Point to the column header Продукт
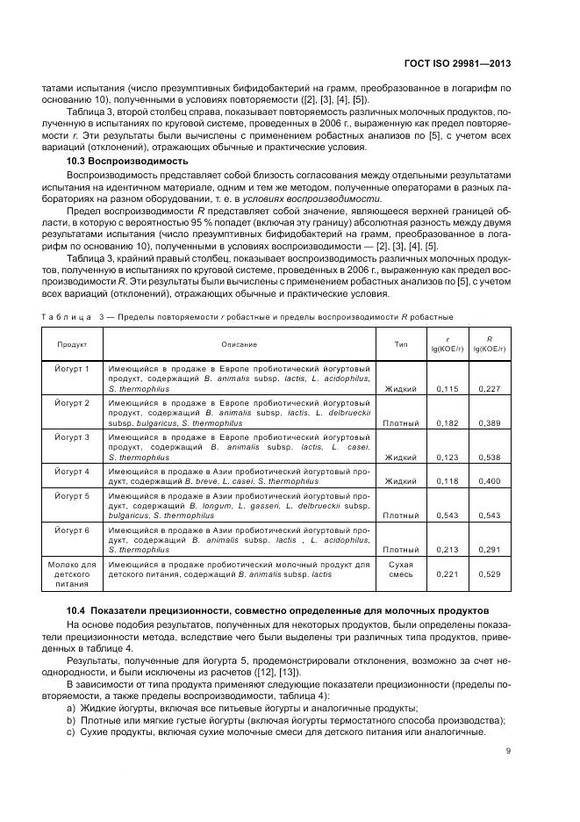coord(73,344)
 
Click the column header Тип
coord(401,344)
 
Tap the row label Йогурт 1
coord(73,368)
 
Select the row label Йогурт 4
coord(73,471)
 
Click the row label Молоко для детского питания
coord(73,573)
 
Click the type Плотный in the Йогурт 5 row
coord(401,516)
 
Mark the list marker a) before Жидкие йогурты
coord(71,708)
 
